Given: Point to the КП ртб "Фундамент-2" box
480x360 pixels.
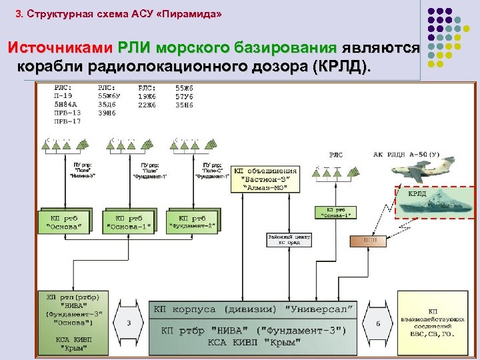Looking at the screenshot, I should coord(193,222).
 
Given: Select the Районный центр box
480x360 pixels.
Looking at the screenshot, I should coord(289,239).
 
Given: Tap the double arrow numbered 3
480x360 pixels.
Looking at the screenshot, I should coord(129,322).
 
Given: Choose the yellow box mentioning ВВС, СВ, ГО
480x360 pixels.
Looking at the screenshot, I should coord(433,323).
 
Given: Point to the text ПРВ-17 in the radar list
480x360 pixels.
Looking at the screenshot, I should coord(67,122).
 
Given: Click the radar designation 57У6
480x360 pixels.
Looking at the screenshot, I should coord(184,96).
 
